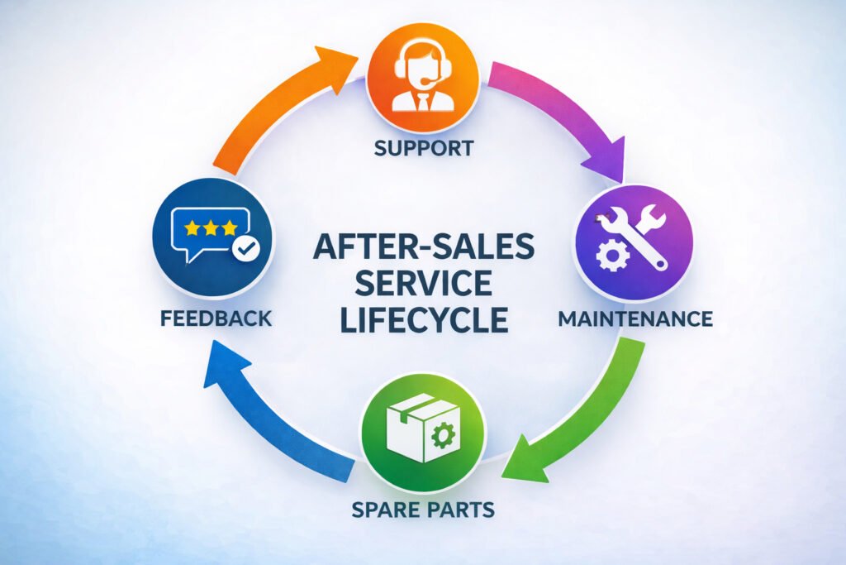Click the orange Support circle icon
coord(422,79)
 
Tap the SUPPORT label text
coord(423,149)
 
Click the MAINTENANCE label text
coord(634,318)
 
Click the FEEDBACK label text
coord(212,318)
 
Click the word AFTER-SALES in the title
coord(423,247)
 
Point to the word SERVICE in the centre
coord(423,283)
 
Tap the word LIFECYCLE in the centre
coord(423,319)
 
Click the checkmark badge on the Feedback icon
coord(245,247)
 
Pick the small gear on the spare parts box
coord(443,433)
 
